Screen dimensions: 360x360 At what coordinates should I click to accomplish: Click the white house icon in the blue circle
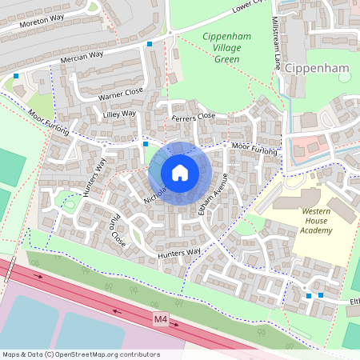(180, 172)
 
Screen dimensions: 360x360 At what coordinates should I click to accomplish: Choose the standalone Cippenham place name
(318, 69)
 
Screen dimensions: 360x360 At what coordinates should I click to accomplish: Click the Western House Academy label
(306, 221)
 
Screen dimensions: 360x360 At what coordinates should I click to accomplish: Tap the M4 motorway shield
(161, 319)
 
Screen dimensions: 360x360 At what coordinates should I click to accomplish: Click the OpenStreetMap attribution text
(81, 354)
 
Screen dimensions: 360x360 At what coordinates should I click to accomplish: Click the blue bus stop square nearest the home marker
(145, 144)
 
